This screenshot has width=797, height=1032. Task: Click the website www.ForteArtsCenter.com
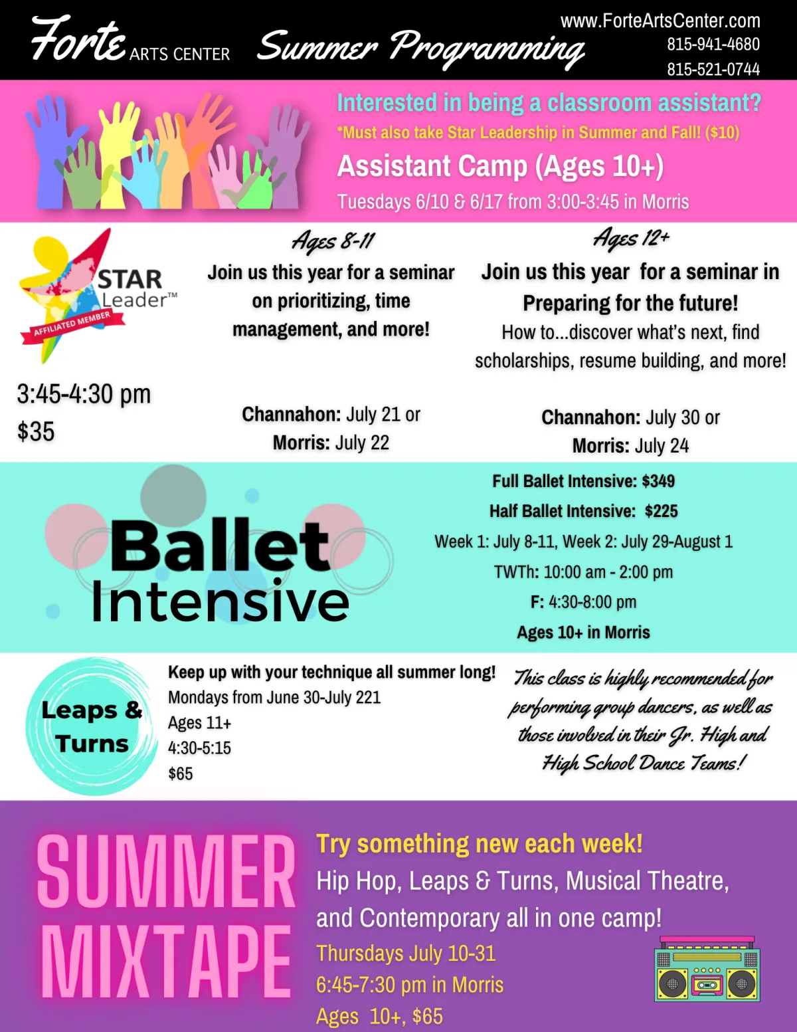(660, 21)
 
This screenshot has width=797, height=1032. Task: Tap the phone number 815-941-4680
(713, 44)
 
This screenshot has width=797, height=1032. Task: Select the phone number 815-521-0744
(713, 69)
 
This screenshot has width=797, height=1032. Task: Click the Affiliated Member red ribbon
(72, 327)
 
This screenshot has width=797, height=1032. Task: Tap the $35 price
(36, 431)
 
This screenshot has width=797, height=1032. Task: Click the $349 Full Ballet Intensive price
(658, 481)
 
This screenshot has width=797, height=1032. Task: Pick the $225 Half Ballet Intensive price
(662, 511)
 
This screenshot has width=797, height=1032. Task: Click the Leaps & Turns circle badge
(92, 726)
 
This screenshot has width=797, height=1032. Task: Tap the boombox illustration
(707, 970)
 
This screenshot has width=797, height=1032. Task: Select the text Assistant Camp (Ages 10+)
(500, 166)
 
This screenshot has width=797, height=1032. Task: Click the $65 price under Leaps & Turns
(181, 774)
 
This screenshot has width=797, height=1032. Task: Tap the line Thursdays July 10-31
(406, 954)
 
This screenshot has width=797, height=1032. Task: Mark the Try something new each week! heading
(480, 844)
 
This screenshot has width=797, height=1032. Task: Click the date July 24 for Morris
(662, 446)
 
